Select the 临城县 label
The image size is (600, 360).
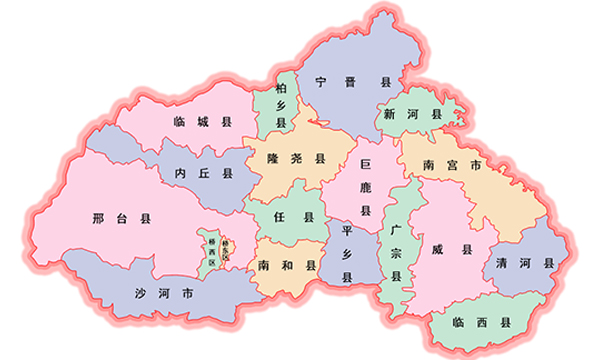click(202, 122)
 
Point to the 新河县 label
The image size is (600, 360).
click(412, 115)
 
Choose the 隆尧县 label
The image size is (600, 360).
click(297, 158)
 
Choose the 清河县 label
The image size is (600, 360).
click(523, 263)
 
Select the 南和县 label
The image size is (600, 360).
click(286, 267)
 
